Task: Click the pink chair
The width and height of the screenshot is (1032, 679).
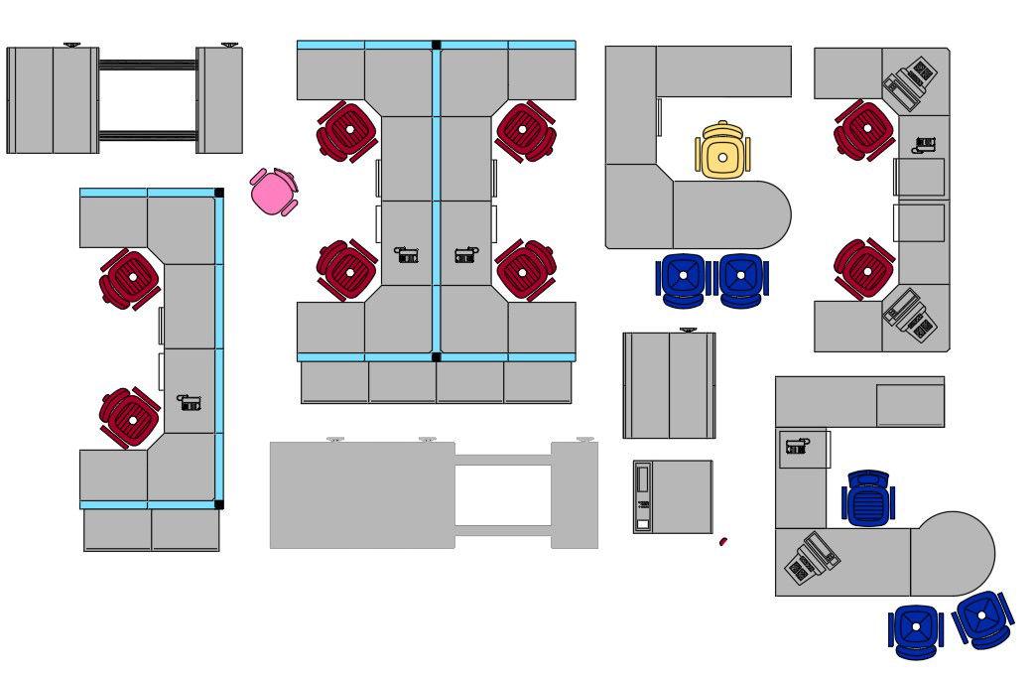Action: (275, 192)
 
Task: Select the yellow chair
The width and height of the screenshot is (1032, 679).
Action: (722, 152)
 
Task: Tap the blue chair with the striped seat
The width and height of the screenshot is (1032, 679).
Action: (868, 497)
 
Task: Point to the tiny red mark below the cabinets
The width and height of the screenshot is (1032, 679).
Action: (723, 541)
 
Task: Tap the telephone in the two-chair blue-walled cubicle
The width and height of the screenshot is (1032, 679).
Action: (190, 402)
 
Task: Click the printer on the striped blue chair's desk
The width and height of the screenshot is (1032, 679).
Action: (812, 558)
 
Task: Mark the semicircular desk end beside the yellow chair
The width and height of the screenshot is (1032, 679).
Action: (764, 214)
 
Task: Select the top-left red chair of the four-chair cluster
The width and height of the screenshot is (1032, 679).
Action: (346, 130)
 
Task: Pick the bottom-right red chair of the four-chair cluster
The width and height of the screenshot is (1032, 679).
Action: (525, 269)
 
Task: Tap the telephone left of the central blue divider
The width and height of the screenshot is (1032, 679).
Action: (407, 255)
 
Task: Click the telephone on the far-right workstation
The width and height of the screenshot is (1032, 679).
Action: (925, 145)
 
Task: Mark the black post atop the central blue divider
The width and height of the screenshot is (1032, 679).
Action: (436, 45)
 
